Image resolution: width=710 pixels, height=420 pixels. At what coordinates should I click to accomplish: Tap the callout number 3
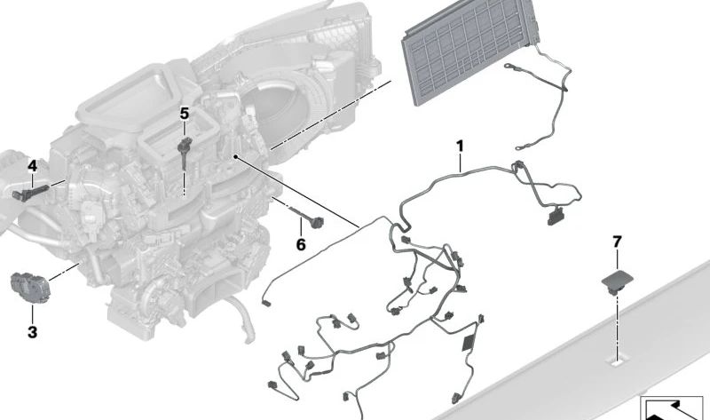(32, 332)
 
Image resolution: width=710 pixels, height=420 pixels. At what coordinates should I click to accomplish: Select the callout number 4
(32, 165)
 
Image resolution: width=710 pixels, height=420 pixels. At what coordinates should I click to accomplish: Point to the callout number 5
(185, 113)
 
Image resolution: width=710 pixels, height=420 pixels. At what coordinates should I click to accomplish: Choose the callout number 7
(618, 241)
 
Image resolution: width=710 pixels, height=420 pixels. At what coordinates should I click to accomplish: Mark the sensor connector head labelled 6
(314, 221)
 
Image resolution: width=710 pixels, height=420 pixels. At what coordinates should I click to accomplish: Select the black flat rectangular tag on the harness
(469, 343)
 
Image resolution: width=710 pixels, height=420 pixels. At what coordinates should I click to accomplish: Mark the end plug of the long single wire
(267, 305)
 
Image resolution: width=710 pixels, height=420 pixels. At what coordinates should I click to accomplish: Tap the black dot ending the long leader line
(235, 155)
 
